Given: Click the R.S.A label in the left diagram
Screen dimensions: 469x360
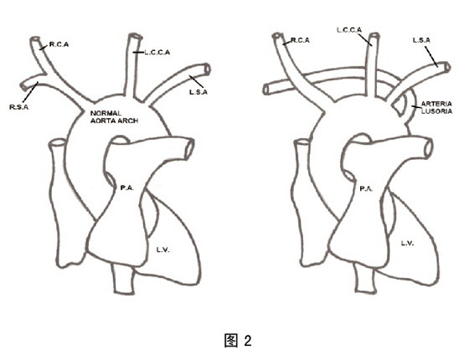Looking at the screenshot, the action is coord(18,107).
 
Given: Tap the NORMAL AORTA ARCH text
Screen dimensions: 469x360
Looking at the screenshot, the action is coord(114,117).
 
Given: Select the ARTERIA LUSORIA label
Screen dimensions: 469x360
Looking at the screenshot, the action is coord(436,108).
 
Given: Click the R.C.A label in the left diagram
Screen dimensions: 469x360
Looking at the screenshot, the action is coord(59,44).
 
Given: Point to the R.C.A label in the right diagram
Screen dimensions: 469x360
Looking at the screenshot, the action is coord(300,40).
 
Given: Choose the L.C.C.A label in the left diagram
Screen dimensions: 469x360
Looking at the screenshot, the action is coord(157,53).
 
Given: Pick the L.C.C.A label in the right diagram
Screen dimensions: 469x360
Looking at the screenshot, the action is coord(349,30).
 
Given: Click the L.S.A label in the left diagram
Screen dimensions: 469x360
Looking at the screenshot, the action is coord(198,92).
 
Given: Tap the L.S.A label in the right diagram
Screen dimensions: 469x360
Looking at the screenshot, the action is coord(421,40).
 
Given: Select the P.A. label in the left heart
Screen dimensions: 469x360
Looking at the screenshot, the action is coord(126,188).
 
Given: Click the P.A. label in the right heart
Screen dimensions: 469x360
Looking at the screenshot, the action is coord(366,188).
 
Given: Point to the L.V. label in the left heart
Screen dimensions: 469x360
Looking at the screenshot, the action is coord(163,249).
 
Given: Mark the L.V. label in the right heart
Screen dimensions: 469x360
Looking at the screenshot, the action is coord(407,244).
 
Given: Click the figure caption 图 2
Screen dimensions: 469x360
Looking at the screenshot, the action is coord(238,341).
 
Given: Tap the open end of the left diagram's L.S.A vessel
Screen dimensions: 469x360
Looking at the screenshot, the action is coord(208,69).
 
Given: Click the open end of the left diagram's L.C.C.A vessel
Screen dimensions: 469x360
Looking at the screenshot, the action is coord(135,36).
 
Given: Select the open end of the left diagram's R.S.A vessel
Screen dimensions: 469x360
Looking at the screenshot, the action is coord(23,87).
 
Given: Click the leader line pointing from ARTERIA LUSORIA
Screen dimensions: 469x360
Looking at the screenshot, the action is coord(415,106).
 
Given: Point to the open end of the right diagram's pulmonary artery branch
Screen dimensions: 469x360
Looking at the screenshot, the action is coord(428,147).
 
